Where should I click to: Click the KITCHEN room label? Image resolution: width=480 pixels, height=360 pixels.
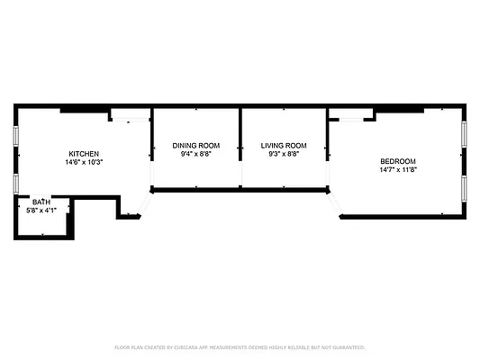click(84, 154)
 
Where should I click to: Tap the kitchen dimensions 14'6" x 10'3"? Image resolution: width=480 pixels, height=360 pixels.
click(84, 163)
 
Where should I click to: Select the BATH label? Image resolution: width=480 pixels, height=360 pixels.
click(41, 202)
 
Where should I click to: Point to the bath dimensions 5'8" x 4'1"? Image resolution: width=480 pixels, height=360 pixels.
click(41, 211)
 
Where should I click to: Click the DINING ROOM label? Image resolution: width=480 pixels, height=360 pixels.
click(195, 146)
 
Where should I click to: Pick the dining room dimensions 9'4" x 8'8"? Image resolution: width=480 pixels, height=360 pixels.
click(195, 154)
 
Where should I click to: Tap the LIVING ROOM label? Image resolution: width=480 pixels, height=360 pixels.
click(284, 146)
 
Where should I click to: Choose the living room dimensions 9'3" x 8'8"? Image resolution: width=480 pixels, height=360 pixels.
click(284, 154)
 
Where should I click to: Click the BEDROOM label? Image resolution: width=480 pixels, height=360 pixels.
click(398, 160)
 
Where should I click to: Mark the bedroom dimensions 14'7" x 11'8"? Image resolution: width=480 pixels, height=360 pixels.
click(398, 169)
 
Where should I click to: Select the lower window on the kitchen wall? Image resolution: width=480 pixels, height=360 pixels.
click(15, 183)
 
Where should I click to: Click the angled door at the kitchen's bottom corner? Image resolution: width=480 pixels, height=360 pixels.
click(136, 208)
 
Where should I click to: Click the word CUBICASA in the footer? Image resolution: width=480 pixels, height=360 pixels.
click(186, 346)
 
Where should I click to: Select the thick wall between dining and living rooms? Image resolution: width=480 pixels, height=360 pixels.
click(240, 148)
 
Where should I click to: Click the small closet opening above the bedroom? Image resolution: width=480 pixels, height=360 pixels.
click(351, 115)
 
